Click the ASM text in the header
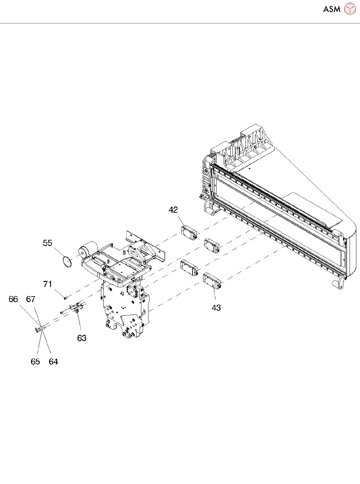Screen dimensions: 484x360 tap(332, 9)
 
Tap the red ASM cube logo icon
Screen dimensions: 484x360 tap(350, 9)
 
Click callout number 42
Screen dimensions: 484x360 tap(173, 210)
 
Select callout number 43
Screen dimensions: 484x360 tap(216, 308)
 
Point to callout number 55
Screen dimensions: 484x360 tap(47, 243)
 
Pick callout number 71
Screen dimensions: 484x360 tap(48, 284)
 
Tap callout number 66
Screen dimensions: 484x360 tap(13, 299)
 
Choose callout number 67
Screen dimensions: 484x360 tap(31, 299)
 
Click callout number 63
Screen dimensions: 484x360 tap(82, 338)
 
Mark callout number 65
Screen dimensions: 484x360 tap(35, 362)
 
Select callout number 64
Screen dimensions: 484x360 tap(53, 362)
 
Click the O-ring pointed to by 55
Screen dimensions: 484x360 tap(67, 262)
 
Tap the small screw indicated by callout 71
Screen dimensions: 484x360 tap(66, 297)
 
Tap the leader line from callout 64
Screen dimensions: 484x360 tap(47, 341)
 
